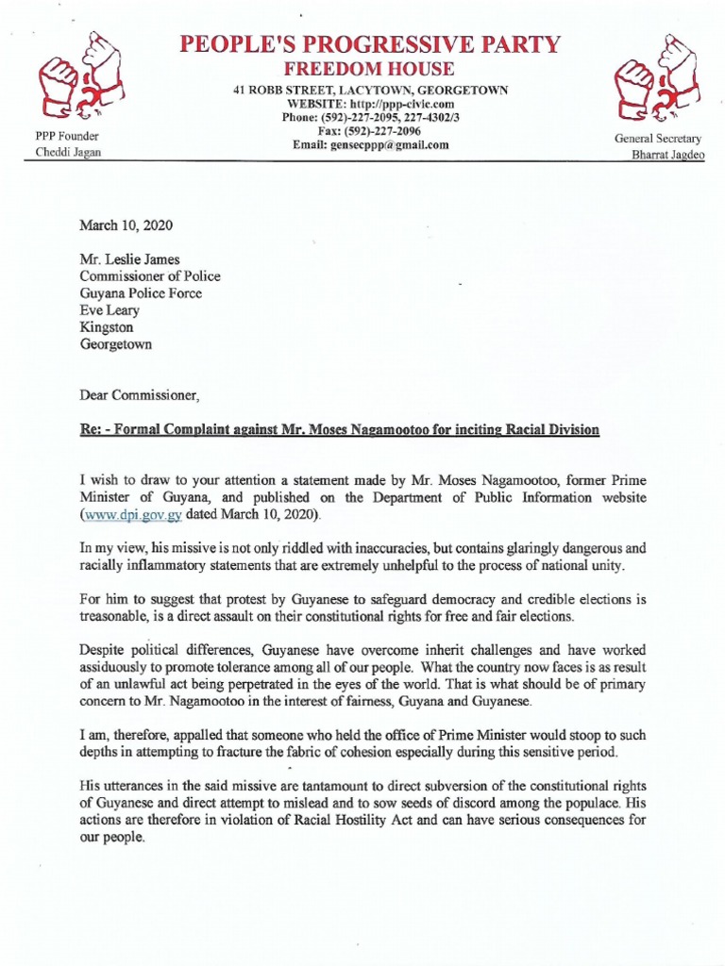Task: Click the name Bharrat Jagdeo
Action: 667,156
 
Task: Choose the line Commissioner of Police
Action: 150,276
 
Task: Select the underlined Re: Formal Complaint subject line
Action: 339,429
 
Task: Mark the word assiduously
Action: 121,671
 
